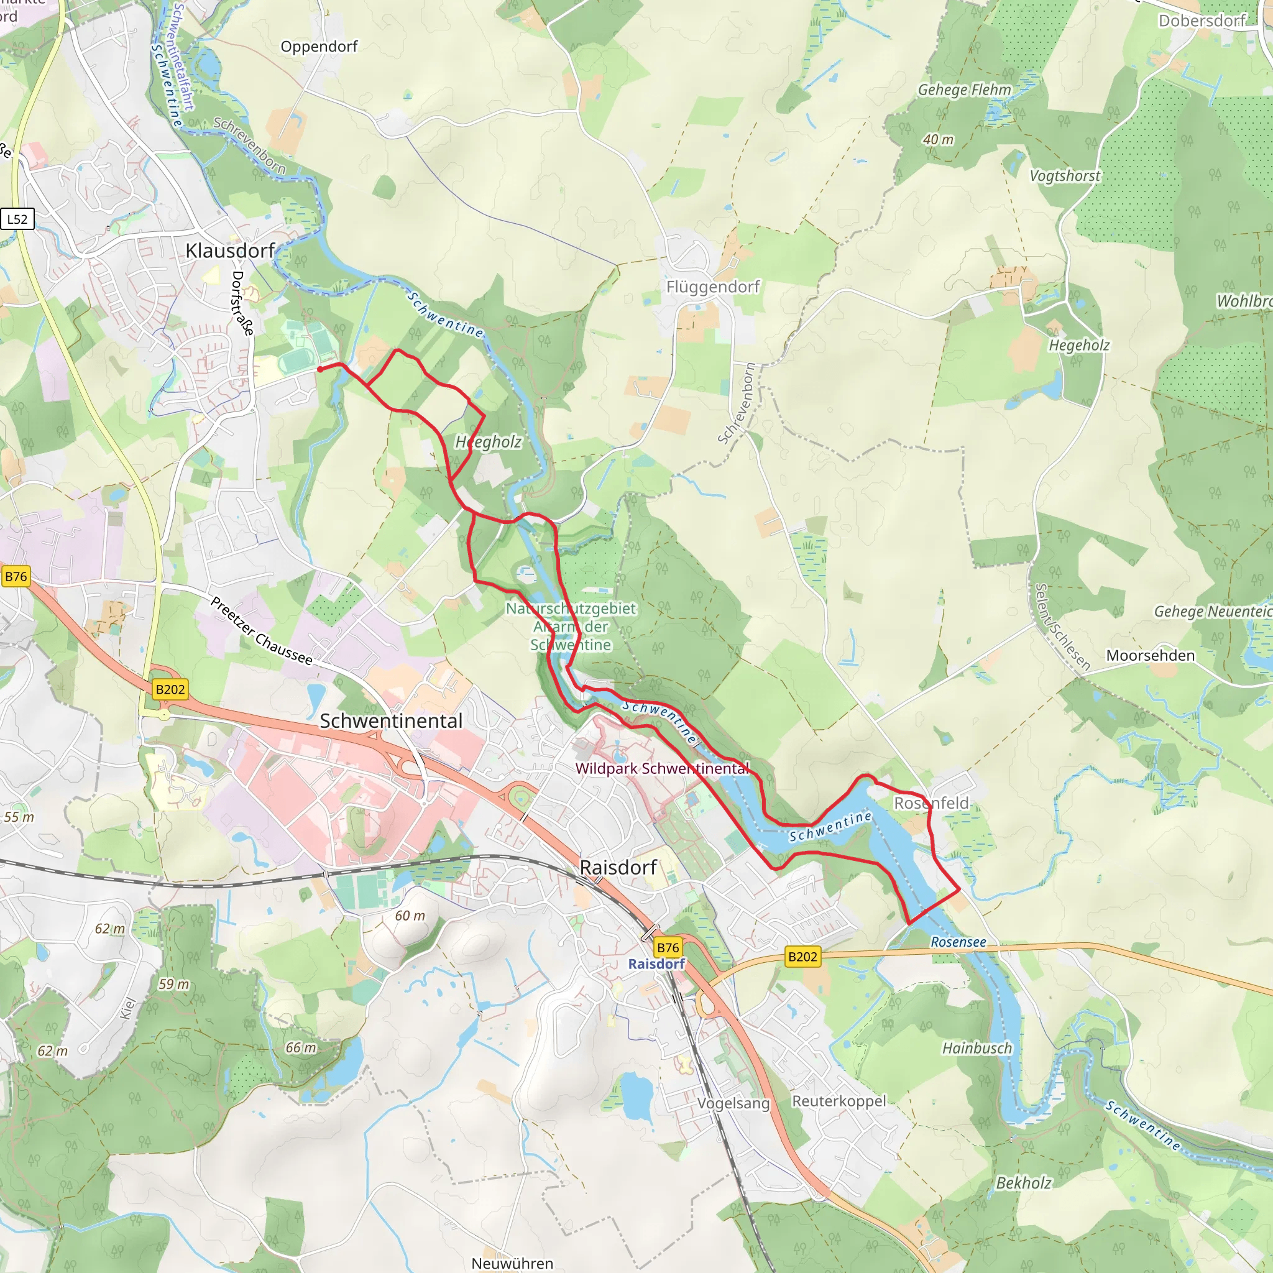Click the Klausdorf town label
[x=229, y=251]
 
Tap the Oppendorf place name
[x=319, y=47]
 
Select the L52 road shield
[x=18, y=219]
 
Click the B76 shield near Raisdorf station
[x=668, y=947]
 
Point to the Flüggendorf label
[x=712, y=287]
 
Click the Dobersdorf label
[x=1202, y=21]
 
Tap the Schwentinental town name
[x=391, y=721]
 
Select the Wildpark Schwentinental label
[x=662, y=768]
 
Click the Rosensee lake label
[x=958, y=942]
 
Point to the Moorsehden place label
[x=1150, y=656]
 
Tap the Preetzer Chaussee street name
[x=262, y=630]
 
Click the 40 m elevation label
[x=937, y=140]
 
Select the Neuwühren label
[x=512, y=1263]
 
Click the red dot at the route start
[x=320, y=370]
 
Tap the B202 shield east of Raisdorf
[x=802, y=957]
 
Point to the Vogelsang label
[x=733, y=1103]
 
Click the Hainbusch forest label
[x=977, y=1049]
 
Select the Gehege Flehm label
[x=964, y=90]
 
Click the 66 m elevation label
[x=300, y=1047]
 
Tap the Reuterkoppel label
[x=839, y=1101]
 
